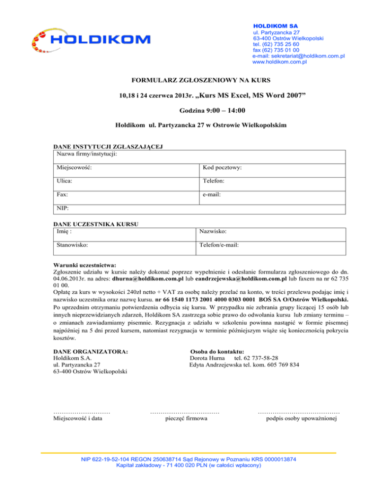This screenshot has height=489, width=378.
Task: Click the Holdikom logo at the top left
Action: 91,39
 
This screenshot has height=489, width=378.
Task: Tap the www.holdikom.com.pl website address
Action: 280,62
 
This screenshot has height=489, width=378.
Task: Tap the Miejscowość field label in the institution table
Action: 74,168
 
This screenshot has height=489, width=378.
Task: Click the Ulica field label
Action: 65,181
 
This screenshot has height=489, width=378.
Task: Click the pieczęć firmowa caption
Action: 186,419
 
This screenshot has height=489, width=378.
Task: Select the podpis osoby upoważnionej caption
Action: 301,419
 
